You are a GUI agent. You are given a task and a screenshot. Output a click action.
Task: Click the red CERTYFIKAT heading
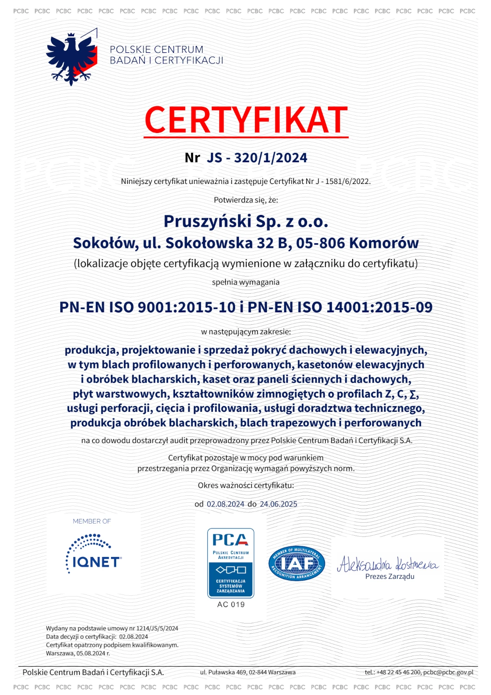click(246, 120)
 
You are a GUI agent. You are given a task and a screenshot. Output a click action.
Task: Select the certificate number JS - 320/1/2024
click(257, 158)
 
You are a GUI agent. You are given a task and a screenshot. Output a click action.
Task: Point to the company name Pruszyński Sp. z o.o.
click(246, 221)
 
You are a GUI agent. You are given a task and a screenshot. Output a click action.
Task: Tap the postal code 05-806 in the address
click(320, 243)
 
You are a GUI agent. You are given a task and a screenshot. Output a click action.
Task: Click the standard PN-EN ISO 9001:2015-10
click(147, 307)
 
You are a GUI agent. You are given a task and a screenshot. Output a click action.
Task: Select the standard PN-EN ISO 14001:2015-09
click(340, 307)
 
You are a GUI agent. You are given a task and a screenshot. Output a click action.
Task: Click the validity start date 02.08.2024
click(225, 504)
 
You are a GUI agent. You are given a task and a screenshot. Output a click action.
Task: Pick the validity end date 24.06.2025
click(279, 504)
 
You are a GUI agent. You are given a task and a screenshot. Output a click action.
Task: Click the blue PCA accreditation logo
click(230, 563)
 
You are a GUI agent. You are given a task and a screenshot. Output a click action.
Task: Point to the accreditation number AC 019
click(231, 605)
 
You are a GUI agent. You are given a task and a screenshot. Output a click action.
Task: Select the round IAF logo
click(297, 563)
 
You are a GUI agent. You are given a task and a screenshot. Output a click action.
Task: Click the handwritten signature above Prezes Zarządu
click(388, 564)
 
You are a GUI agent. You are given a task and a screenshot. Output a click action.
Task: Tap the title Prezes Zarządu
click(390, 577)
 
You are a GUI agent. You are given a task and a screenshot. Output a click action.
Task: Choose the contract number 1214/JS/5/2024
click(157, 629)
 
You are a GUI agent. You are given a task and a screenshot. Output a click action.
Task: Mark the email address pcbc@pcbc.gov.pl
click(448, 672)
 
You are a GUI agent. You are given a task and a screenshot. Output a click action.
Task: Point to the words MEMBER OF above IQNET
click(92, 521)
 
